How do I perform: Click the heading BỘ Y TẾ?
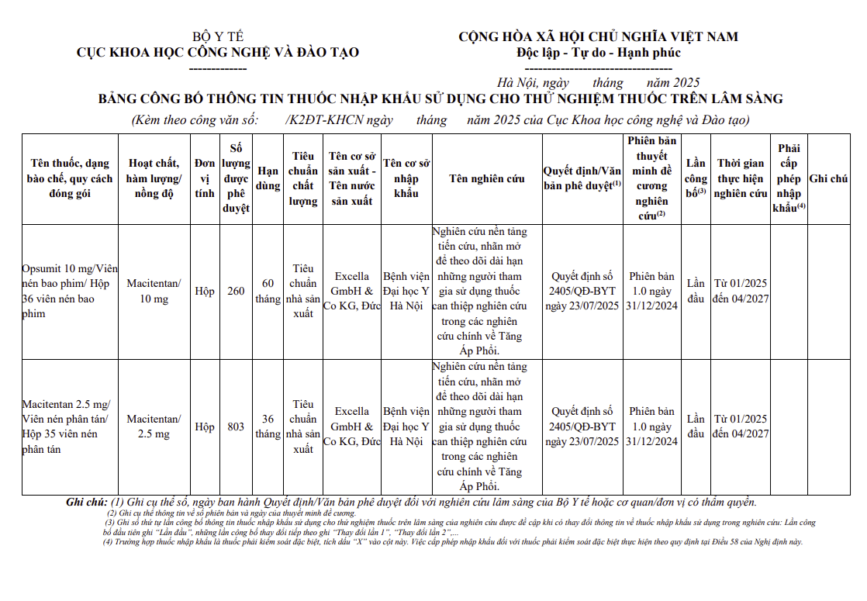coord(218,36)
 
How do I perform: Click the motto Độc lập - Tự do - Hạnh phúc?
coord(598,53)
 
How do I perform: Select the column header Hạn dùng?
coord(268,178)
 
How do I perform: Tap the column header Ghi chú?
coord(828,178)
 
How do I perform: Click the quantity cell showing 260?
coord(236,292)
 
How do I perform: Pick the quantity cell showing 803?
coord(236,427)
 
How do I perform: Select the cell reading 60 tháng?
coord(268,291)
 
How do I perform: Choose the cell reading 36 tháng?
coord(268,427)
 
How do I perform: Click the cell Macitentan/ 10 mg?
coord(154,291)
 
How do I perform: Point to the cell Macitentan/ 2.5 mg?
coord(154,427)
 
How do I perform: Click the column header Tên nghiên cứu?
coord(487,178)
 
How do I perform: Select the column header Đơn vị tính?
coord(205,178)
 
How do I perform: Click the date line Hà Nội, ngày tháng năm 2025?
coord(598,83)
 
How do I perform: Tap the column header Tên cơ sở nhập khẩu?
coord(406,178)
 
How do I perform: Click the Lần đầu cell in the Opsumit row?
coord(696,291)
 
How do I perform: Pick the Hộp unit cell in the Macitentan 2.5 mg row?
coord(205,427)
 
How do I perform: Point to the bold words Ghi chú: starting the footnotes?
coord(88,503)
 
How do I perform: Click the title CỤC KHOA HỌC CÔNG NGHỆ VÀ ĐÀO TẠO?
coord(218,53)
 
